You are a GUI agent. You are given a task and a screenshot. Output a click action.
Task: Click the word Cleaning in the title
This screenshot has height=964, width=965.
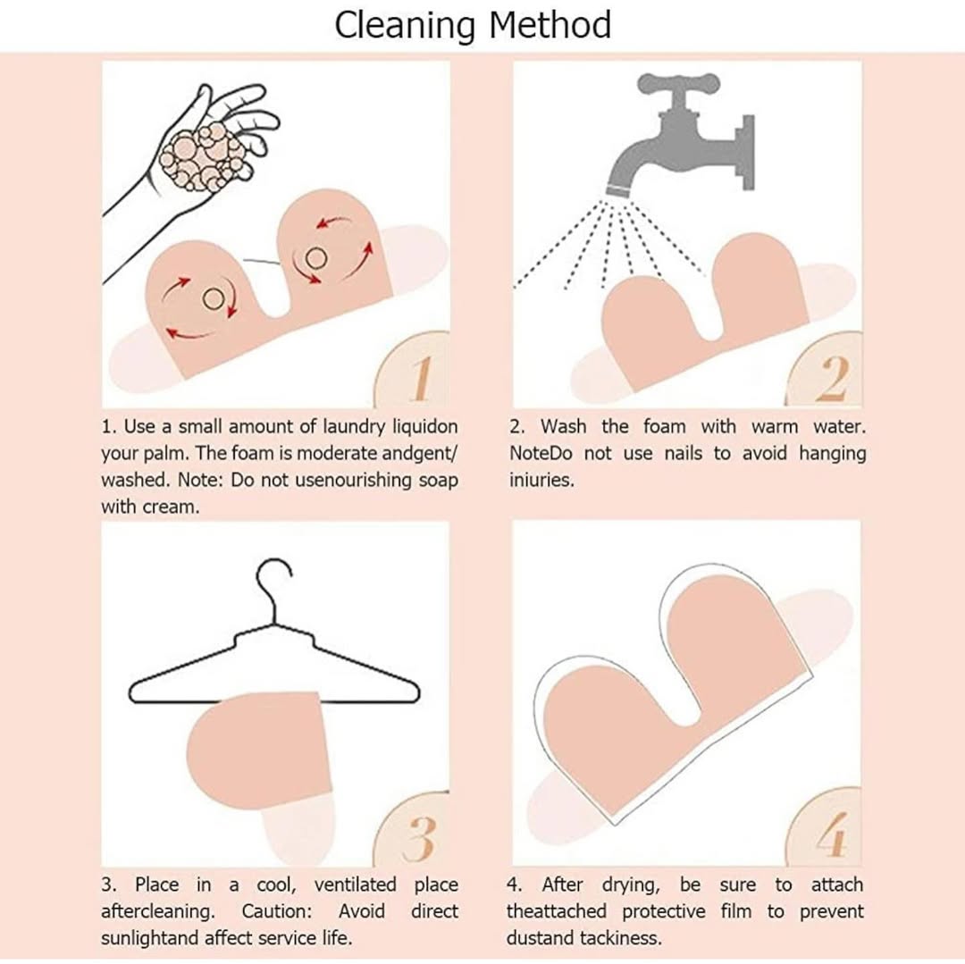tap(407, 26)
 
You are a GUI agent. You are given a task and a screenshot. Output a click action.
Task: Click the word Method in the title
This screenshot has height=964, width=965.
tap(550, 25)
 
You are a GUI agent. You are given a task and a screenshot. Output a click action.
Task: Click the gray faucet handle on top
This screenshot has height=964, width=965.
tap(677, 83)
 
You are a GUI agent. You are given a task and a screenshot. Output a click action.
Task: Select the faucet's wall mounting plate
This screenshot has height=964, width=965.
tap(747, 152)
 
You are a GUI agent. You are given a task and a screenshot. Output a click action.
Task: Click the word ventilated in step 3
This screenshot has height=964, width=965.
tap(355, 884)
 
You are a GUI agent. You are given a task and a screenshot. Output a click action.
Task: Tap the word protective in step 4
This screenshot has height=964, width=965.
tap(663, 911)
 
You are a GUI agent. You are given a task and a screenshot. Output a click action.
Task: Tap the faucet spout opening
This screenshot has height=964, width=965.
tap(619, 192)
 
